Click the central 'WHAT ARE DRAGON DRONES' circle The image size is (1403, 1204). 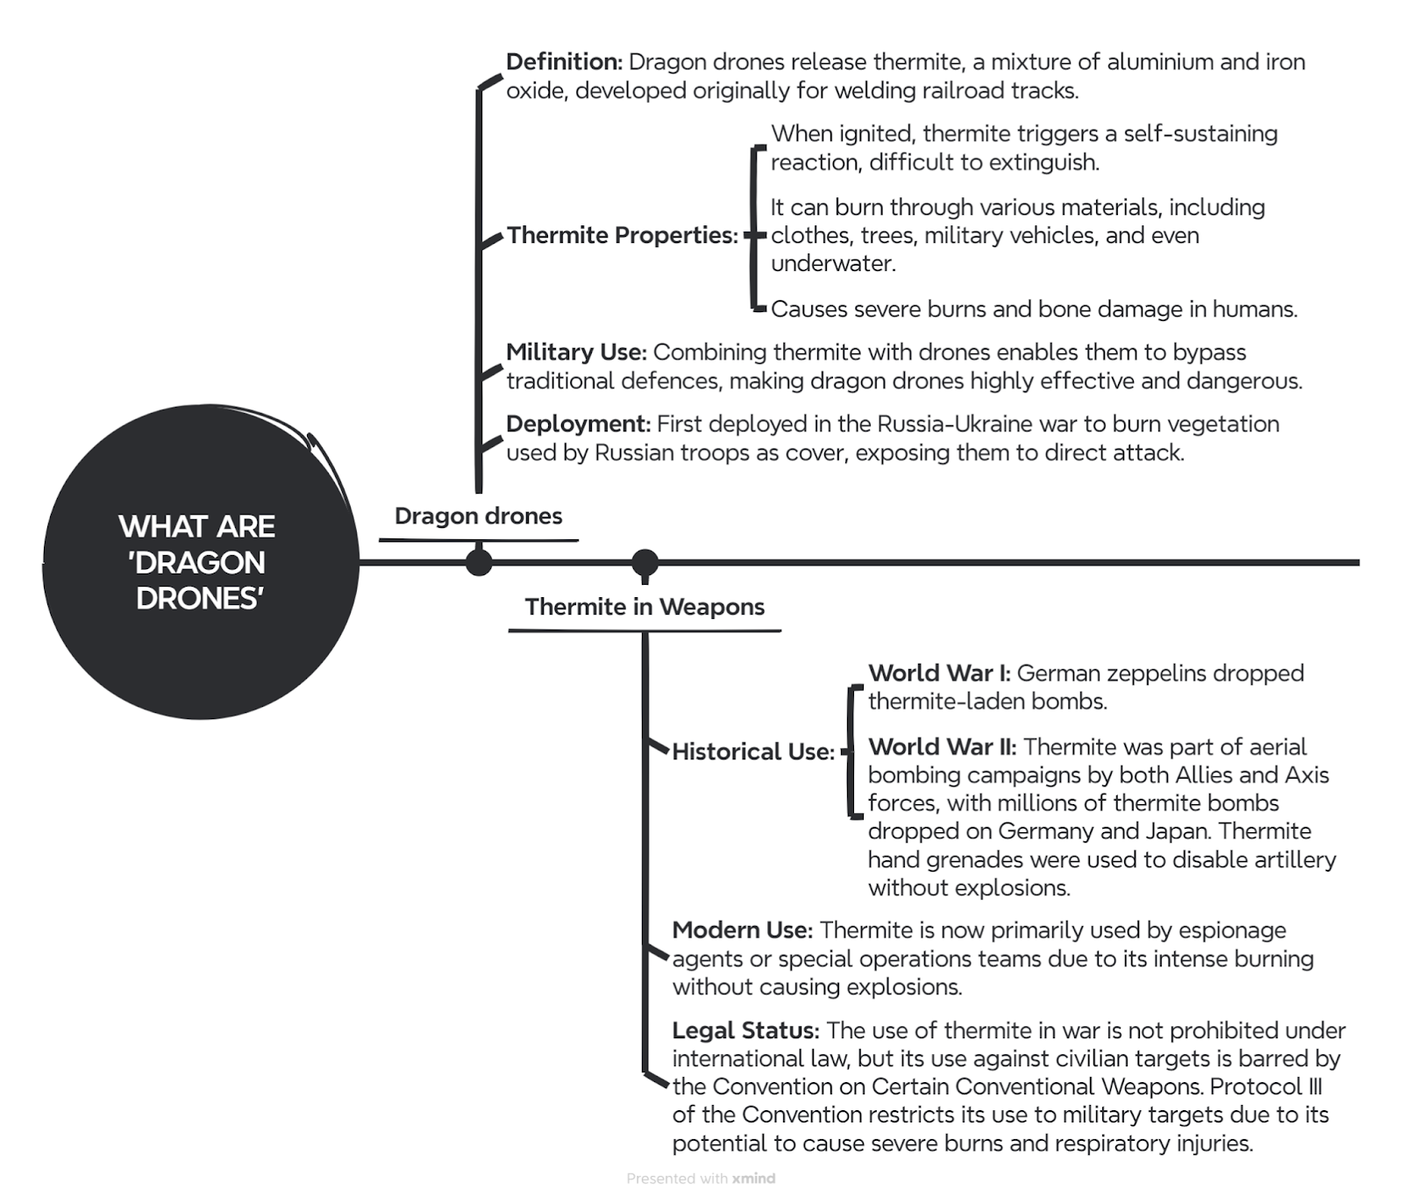click(x=201, y=562)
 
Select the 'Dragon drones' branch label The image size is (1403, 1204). click(x=478, y=516)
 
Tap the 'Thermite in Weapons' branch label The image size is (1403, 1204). click(x=645, y=607)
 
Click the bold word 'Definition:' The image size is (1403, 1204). click(x=565, y=62)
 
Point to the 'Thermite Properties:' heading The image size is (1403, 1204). click(x=623, y=235)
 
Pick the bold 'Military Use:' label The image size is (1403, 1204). click(x=576, y=353)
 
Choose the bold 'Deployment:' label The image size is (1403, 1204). click(x=578, y=424)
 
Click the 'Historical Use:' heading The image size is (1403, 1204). click(x=753, y=752)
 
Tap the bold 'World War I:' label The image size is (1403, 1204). click(x=939, y=673)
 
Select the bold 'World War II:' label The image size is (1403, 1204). click(x=943, y=747)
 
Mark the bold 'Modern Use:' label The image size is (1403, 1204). click(x=743, y=930)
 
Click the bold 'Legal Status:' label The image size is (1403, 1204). click(x=746, y=1030)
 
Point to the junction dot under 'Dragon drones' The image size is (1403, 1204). click(x=479, y=562)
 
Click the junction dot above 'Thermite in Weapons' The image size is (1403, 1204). click(x=645, y=562)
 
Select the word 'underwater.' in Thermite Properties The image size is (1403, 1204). click(x=833, y=264)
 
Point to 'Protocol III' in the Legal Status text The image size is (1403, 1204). click(x=1265, y=1087)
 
